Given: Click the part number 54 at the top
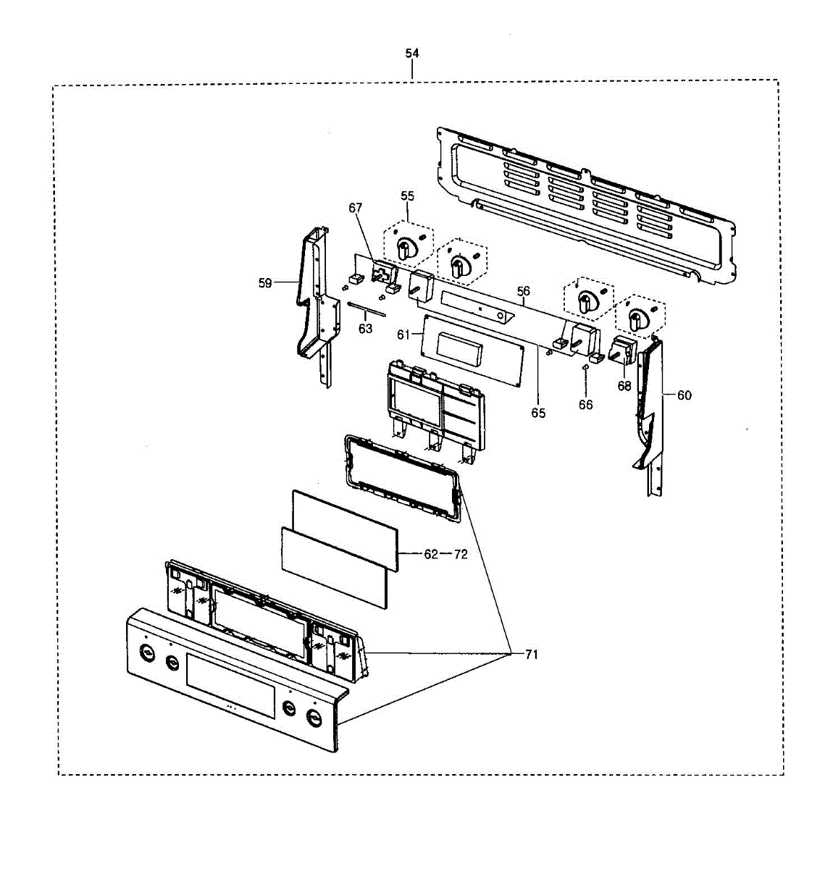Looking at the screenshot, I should tap(411, 54).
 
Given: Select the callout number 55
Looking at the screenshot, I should tap(407, 196).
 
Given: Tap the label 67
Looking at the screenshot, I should tap(355, 208).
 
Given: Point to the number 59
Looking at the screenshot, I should tap(265, 283).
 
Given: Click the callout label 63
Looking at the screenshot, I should tap(365, 328).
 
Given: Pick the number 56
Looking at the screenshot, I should tap(523, 291).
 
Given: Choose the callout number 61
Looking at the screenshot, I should tap(403, 334).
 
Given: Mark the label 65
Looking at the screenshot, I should tap(537, 413).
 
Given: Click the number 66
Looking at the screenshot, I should tap(585, 405).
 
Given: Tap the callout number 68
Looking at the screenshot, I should tap(624, 386).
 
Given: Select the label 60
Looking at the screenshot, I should tap(684, 395).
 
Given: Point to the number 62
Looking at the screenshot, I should tap(431, 554).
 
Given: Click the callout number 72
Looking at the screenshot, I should tap(461, 554).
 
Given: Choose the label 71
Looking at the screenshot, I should tap(532, 655).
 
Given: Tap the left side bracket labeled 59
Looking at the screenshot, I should tap(317, 304).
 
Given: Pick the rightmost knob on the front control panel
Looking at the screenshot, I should tap(314, 718).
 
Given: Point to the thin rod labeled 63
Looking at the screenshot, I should tap(367, 311).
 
